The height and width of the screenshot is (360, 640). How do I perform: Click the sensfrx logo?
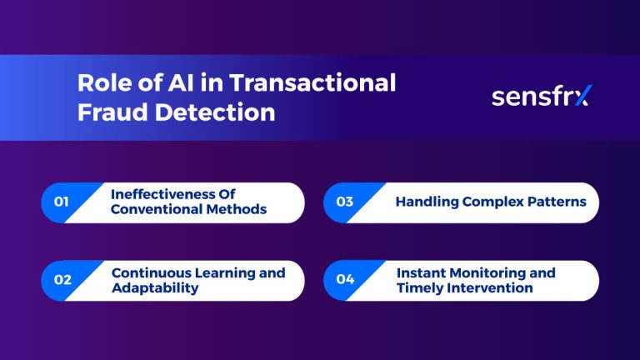540,97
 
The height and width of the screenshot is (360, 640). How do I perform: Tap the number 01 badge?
61,202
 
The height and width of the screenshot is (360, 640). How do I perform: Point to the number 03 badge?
344,202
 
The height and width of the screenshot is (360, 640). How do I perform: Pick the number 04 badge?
345,280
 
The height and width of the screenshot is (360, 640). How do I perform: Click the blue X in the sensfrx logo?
581,97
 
